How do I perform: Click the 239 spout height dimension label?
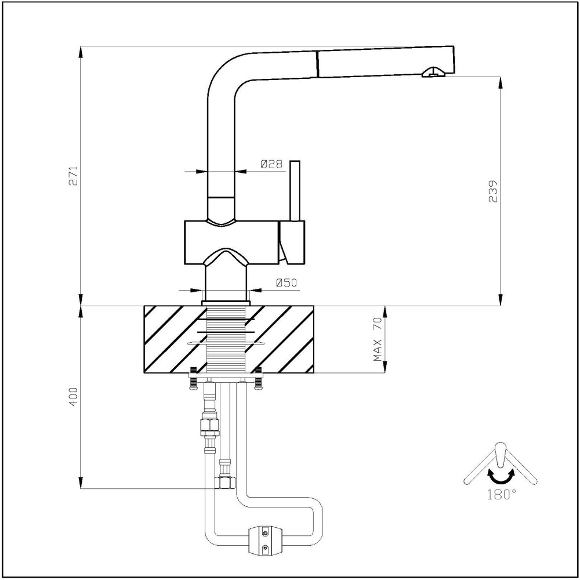(x=494, y=191)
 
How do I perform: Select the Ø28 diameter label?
(x=271, y=165)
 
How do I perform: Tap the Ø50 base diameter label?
(x=286, y=283)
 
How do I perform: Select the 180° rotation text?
(x=501, y=494)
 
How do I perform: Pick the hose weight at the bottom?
(x=265, y=541)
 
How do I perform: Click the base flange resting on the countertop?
(x=226, y=303)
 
